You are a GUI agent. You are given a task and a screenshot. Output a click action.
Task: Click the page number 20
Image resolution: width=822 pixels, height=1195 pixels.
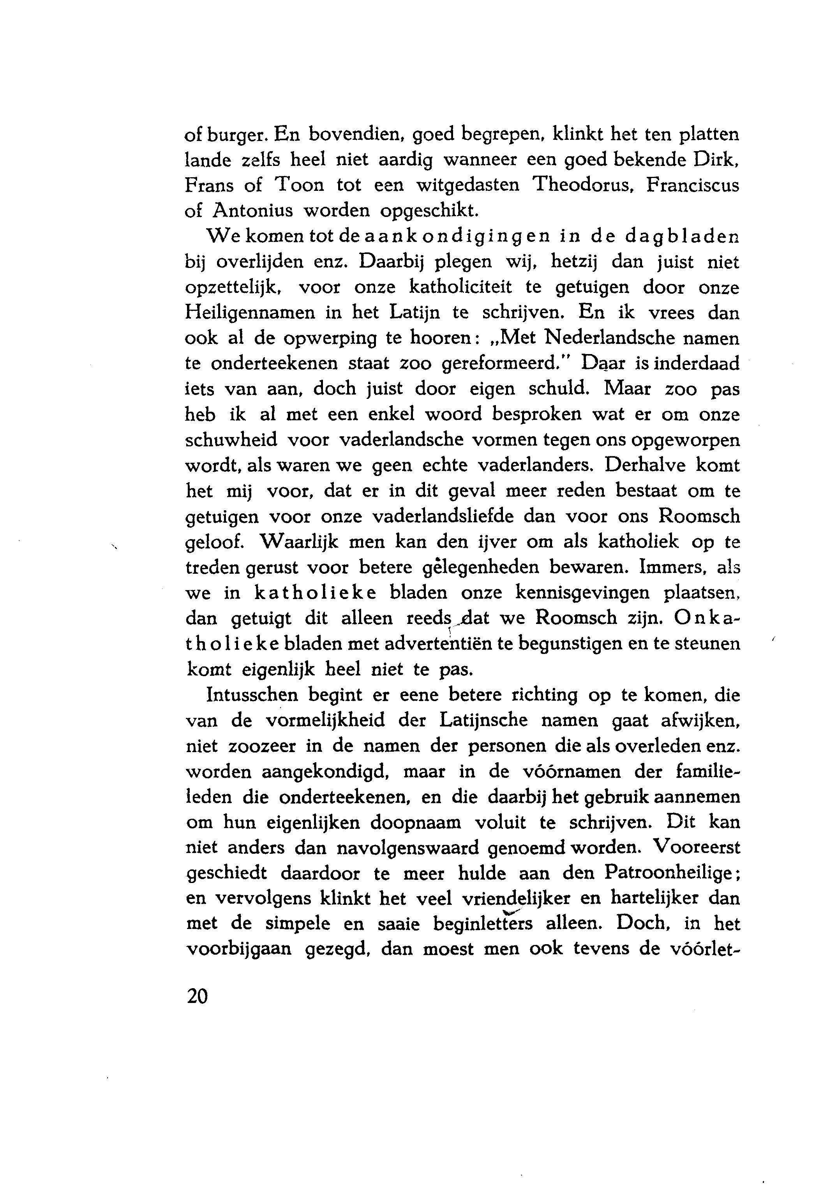tap(197, 997)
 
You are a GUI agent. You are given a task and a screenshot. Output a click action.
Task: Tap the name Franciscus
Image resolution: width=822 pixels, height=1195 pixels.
tap(692, 185)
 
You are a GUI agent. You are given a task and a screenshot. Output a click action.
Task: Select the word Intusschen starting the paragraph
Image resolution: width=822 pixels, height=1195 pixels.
tap(252, 696)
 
